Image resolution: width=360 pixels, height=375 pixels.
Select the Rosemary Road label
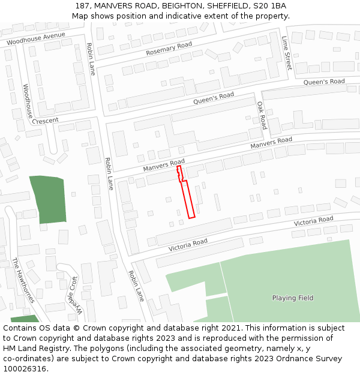(x=169, y=49)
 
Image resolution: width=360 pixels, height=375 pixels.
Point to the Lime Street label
(x=287, y=53)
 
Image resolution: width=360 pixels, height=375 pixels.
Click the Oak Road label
(x=262, y=115)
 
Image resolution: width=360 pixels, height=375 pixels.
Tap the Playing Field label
(x=293, y=298)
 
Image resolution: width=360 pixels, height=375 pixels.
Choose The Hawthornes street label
(x=23, y=280)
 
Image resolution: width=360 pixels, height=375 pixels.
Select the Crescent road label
(x=46, y=121)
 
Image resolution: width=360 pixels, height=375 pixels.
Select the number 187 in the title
(x=83, y=5)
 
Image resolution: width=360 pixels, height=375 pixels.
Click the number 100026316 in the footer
(x=24, y=369)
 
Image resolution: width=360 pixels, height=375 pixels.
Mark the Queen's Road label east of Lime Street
(x=324, y=82)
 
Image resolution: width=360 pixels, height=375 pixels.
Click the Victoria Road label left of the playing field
(x=188, y=245)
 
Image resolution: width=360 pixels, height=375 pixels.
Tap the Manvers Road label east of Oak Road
(x=271, y=143)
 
